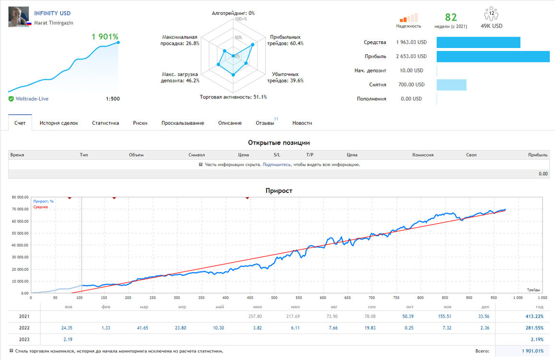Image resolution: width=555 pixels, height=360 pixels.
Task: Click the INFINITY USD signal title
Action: pyautogui.click(x=52, y=13)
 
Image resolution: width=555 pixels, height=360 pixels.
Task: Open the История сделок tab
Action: pyautogui.click(x=59, y=123)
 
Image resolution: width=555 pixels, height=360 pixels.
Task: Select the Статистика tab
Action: pyautogui.click(x=106, y=123)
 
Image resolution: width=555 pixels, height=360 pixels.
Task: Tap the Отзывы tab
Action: pyautogui.click(x=265, y=123)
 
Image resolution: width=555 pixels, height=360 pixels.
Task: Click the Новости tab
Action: pyautogui.click(x=302, y=123)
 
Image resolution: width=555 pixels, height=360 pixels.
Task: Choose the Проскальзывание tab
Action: pyautogui.click(x=183, y=123)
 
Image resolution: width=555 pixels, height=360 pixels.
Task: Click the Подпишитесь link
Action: pyautogui.click(x=276, y=165)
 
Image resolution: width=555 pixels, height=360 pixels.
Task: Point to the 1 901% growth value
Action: pyautogui.click(x=105, y=36)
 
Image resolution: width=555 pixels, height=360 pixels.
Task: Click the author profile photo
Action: pyautogui.click(x=18, y=16)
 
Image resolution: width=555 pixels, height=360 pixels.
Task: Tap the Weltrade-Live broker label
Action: pyautogui.click(x=32, y=99)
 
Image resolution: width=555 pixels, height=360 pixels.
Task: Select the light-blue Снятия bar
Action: pyautogui.click(x=451, y=84)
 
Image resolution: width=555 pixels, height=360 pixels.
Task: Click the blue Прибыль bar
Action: pyautogui.click(x=493, y=56)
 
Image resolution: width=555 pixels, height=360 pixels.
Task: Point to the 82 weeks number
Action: pyautogui.click(x=451, y=17)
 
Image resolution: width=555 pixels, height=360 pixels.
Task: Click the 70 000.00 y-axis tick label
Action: pyautogui.click(x=20, y=209)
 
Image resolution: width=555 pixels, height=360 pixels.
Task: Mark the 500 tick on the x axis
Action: pyautogui.click(x=274, y=298)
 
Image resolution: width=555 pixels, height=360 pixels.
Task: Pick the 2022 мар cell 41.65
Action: pyautogui.click(x=142, y=328)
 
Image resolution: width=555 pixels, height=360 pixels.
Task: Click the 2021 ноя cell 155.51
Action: pyautogui.click(x=445, y=316)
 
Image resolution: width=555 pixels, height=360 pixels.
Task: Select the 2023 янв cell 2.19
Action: pyautogui.click(x=68, y=339)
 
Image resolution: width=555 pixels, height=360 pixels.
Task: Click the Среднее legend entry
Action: pyautogui.click(x=41, y=207)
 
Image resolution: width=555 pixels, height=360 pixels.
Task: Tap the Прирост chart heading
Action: pyautogui.click(x=279, y=191)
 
